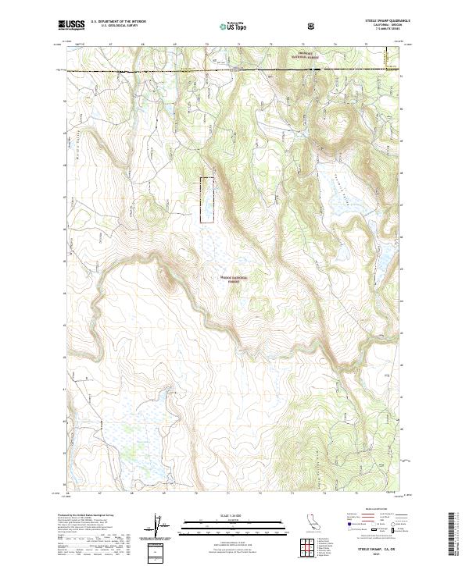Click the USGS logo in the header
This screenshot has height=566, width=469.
click(71, 26)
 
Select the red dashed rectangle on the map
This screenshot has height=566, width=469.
click(207, 201)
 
